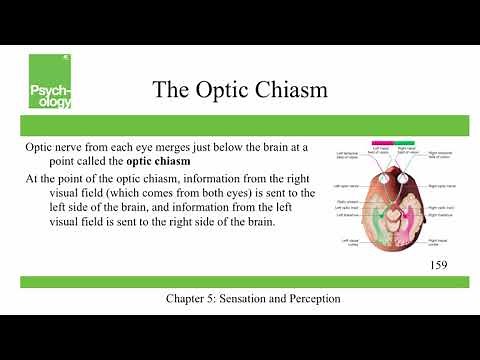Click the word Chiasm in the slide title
[x=290, y=89]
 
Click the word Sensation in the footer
[x=259, y=299]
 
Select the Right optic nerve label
[x=442, y=187]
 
